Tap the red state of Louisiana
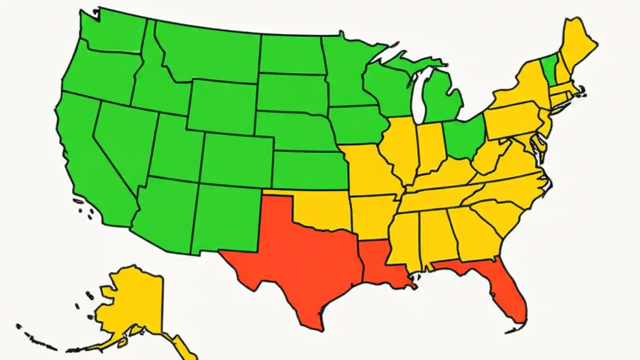point(382,265)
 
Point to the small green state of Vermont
point(548,70)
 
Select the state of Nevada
point(122,140)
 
